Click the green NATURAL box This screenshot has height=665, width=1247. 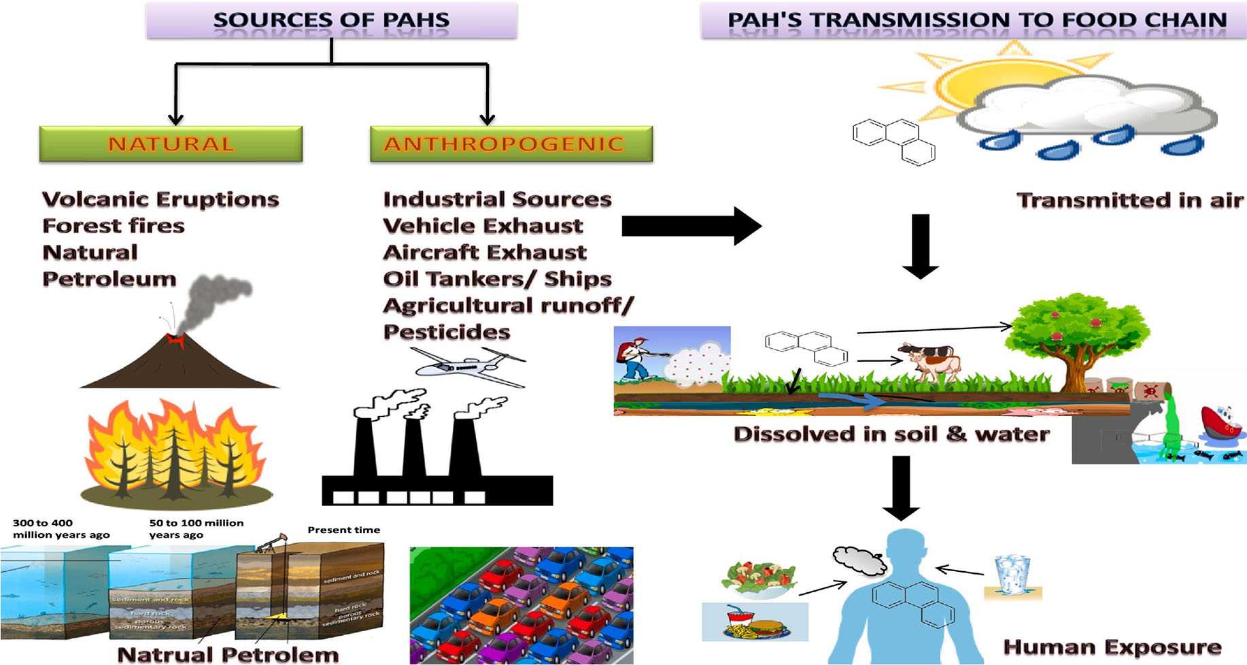[171, 143]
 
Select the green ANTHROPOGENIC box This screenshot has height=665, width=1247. [511, 143]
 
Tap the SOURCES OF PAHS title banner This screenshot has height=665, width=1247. [331, 20]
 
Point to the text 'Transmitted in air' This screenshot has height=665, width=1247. [1129, 201]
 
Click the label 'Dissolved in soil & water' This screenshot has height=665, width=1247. [891, 434]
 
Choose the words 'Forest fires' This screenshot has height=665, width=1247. [114, 226]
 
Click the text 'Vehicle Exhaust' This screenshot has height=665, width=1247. [483, 226]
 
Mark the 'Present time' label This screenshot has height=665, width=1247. [343, 530]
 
